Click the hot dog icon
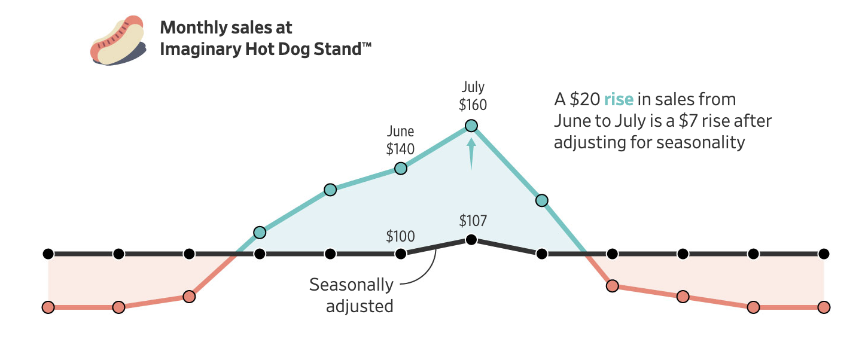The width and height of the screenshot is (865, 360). [118, 40]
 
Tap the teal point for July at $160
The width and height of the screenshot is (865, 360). [471, 126]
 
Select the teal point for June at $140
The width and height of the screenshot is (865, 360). [401, 168]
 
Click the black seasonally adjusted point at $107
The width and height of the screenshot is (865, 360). [471, 240]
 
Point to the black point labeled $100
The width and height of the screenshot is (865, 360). [401, 254]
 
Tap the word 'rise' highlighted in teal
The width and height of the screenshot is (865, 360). [619, 99]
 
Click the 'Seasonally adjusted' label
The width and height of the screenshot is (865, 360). [352, 295]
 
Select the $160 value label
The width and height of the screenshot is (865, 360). [473, 105]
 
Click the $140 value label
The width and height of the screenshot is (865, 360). [401, 148]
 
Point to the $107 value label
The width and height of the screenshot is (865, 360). [473, 221]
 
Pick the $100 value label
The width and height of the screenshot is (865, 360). [400, 236]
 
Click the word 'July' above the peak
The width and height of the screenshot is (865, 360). [473, 87]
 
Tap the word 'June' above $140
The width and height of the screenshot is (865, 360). [401, 131]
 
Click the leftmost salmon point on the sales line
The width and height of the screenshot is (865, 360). [48, 307]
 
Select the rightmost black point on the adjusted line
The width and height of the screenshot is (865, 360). [824, 254]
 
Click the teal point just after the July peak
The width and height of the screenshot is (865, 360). [542, 200]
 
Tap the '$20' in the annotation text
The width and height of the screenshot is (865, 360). [583, 99]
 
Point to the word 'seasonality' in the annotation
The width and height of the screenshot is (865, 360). [700, 143]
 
